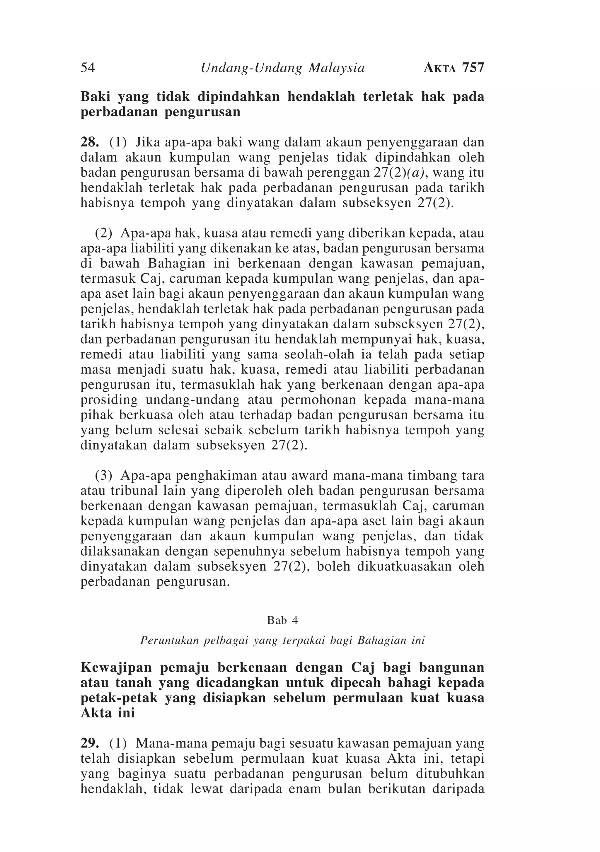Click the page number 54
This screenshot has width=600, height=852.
(88, 68)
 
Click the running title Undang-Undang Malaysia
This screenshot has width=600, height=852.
(282, 68)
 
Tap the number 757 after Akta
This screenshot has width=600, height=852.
(473, 68)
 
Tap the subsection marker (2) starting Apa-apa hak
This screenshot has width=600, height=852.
(104, 233)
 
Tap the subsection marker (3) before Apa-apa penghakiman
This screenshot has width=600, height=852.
(104, 475)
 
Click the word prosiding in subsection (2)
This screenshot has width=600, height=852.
(109, 400)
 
